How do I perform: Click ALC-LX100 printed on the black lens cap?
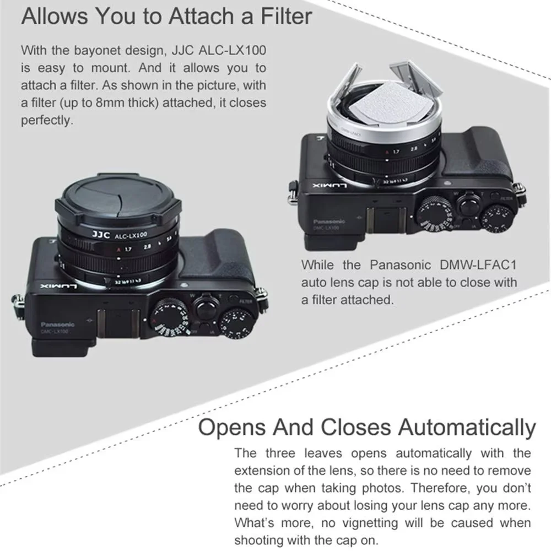coord(131,235)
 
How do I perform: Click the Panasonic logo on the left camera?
coord(57,325)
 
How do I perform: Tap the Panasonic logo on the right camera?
coord(329,222)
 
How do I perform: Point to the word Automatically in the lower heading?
coord(467,427)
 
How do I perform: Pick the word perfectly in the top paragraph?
coord(47,120)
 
